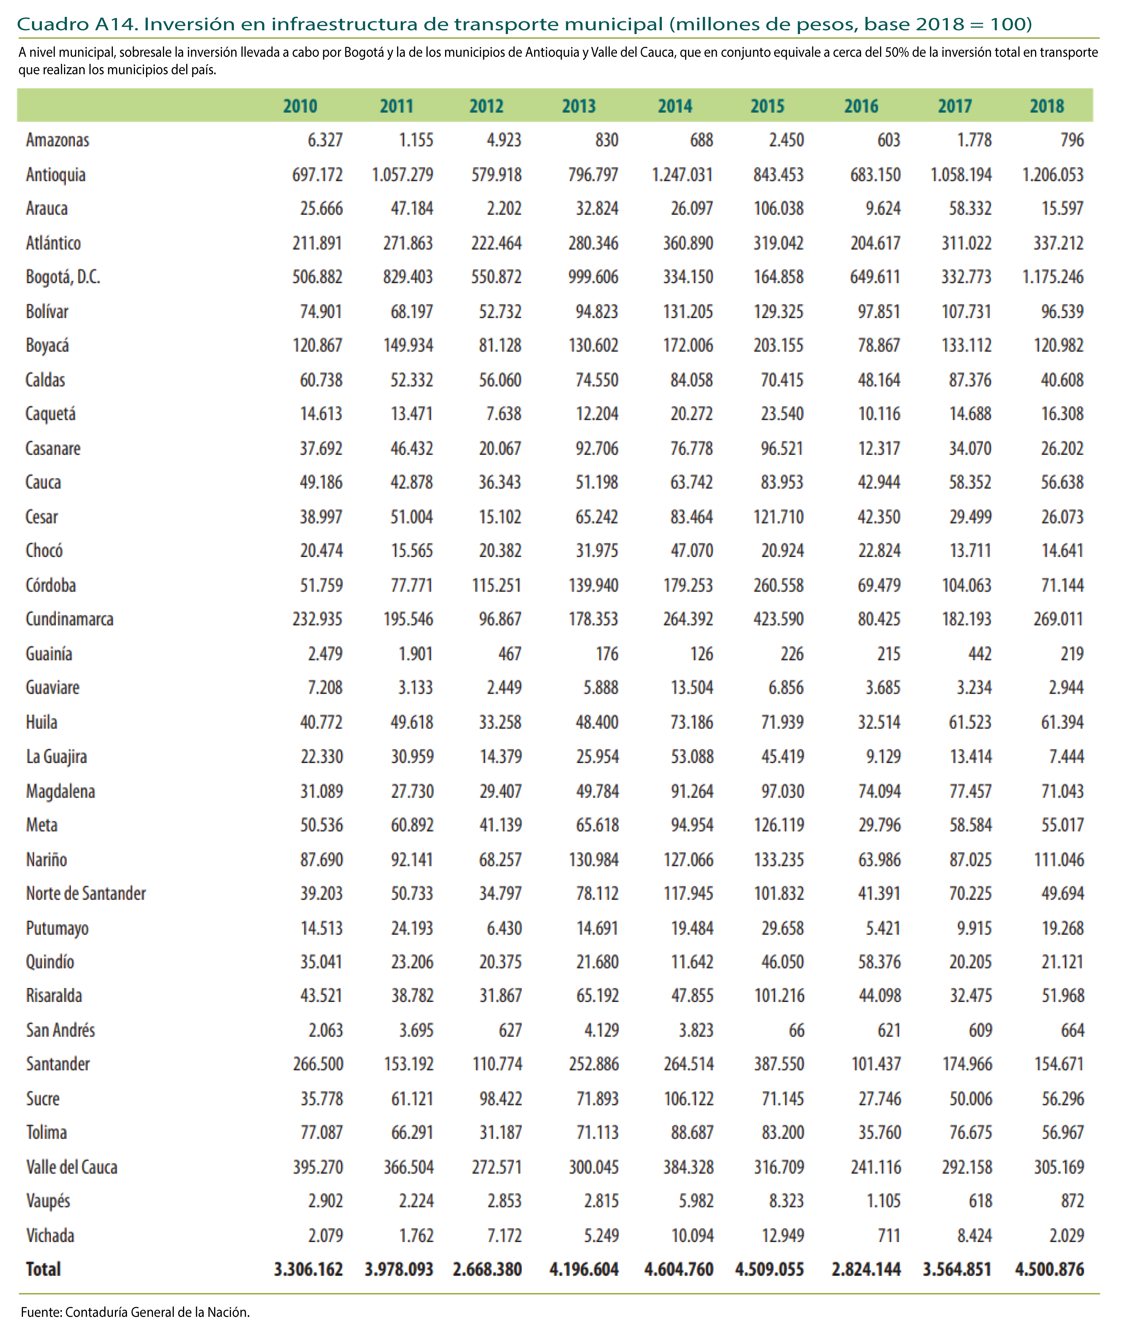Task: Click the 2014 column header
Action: coord(675,106)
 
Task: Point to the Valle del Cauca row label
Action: coord(72,1167)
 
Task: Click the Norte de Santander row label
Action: coord(86,894)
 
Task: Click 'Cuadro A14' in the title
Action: coord(77,24)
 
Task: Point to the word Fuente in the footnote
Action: coord(41,1312)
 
